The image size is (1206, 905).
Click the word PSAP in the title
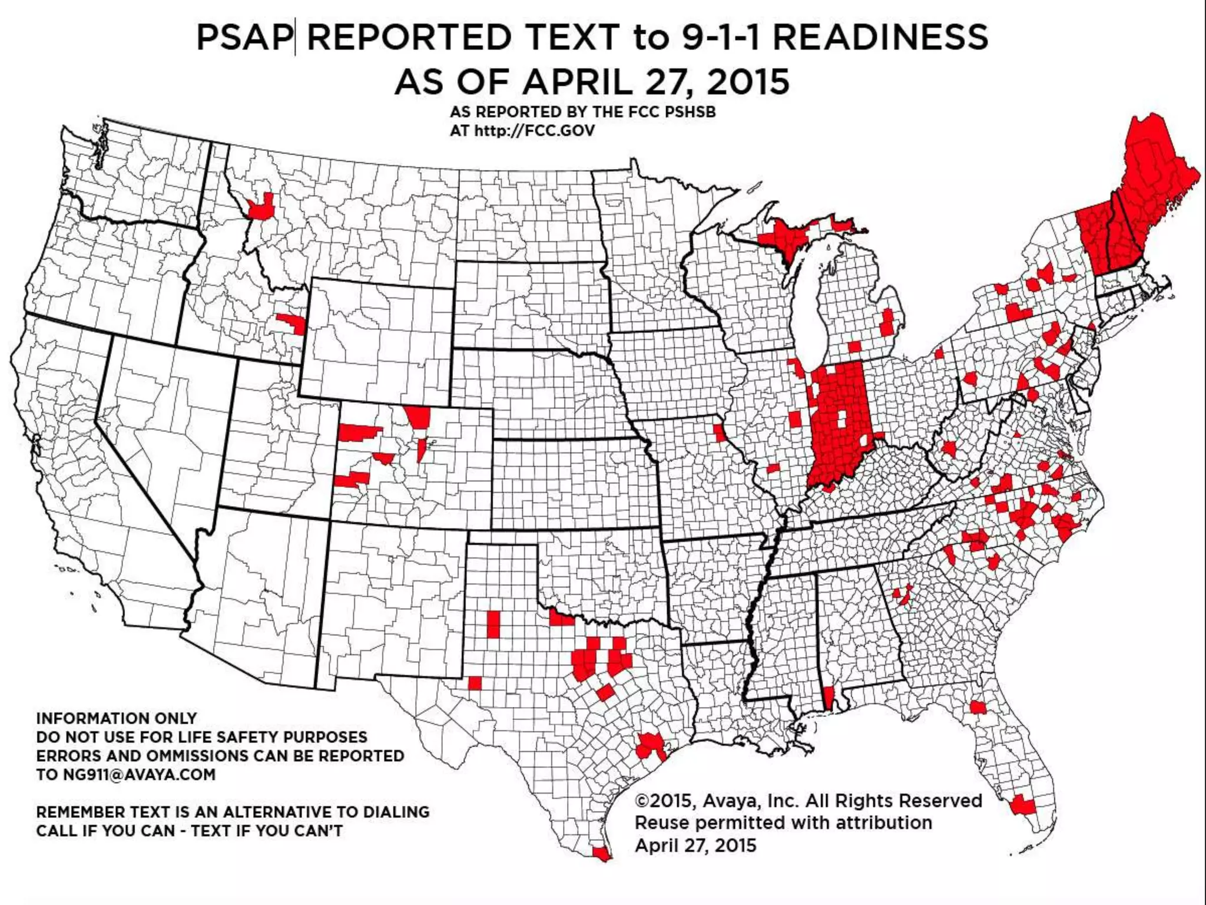point(244,38)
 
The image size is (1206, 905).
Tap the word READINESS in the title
point(880,38)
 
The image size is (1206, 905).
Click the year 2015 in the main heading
point(748,82)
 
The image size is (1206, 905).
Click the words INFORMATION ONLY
point(117,718)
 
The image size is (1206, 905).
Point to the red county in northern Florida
point(978,707)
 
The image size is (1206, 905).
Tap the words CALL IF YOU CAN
point(106,831)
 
